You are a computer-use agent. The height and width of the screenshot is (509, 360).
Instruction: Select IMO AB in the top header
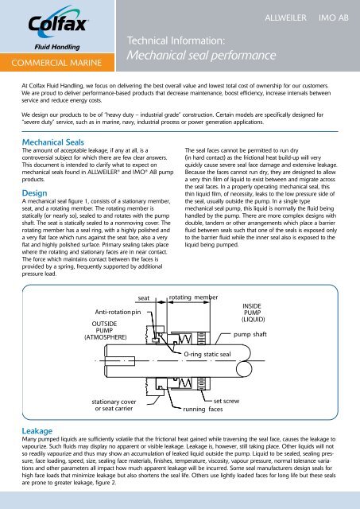coord(329,15)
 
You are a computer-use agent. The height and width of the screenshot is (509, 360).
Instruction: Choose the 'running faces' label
coord(203,411)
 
